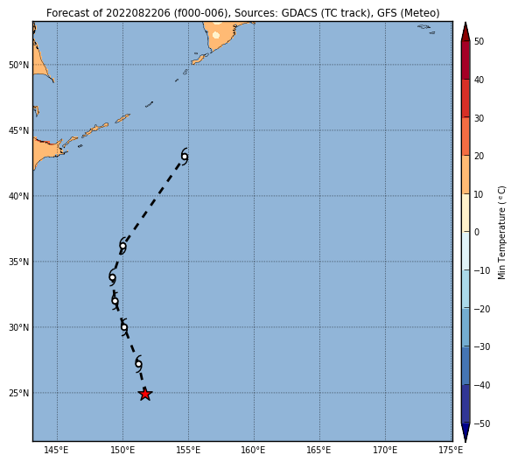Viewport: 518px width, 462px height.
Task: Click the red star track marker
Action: (x=145, y=394)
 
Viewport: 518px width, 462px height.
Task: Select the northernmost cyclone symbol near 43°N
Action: (x=185, y=157)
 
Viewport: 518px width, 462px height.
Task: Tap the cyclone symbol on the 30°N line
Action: (x=124, y=327)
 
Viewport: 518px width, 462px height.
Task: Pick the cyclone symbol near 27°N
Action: (x=139, y=364)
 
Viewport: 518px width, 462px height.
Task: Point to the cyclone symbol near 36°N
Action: (x=122, y=246)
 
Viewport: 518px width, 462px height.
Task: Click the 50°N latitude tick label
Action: (x=19, y=65)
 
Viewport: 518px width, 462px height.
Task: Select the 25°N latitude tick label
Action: (x=19, y=393)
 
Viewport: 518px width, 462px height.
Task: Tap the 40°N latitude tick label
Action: (x=19, y=196)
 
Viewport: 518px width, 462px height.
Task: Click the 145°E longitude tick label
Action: (x=56, y=450)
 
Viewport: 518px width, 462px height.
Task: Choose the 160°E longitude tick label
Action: (x=253, y=450)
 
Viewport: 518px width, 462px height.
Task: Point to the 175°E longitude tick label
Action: (x=451, y=450)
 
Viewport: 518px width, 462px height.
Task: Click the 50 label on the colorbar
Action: (x=479, y=41)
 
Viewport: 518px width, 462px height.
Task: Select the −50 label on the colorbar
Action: (x=482, y=423)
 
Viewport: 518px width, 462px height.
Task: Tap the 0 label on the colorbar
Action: (x=477, y=233)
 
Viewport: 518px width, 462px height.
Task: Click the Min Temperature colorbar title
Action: (x=501, y=233)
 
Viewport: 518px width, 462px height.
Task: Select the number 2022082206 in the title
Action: (x=138, y=13)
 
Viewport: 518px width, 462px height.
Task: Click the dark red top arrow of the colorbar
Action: (x=465, y=31)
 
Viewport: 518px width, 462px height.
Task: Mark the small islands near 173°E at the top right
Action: (x=426, y=29)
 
